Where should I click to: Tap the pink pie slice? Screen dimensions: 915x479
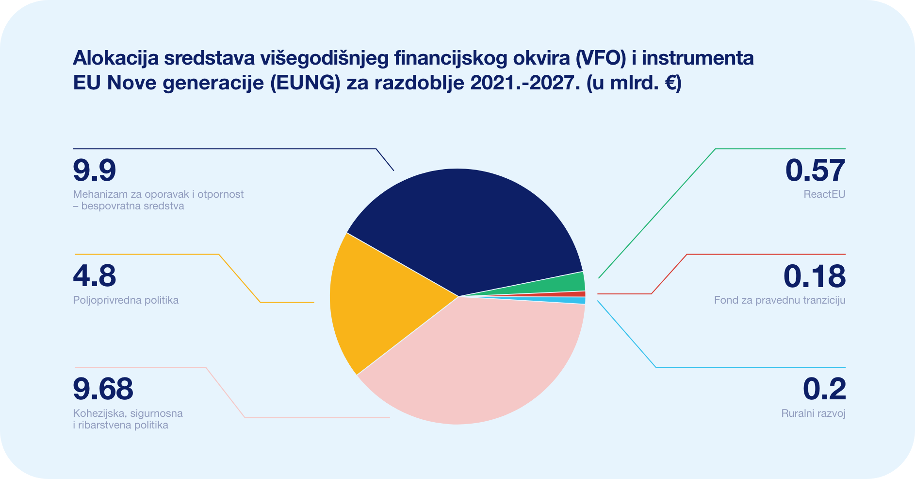point(475,364)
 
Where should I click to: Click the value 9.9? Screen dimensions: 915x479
point(95,171)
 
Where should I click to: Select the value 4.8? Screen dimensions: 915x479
point(95,276)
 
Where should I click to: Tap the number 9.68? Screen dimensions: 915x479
point(103,389)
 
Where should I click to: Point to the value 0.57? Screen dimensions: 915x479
point(816,171)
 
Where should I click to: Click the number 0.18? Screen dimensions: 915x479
point(815,276)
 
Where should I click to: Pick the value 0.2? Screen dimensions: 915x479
point(824,389)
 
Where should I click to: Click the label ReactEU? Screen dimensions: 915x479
point(824,194)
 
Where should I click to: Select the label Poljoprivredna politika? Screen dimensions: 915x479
point(126,300)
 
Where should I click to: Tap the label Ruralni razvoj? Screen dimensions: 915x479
point(813,413)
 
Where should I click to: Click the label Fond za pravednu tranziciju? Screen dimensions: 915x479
point(780,300)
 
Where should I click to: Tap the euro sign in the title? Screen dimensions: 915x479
point(670,83)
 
